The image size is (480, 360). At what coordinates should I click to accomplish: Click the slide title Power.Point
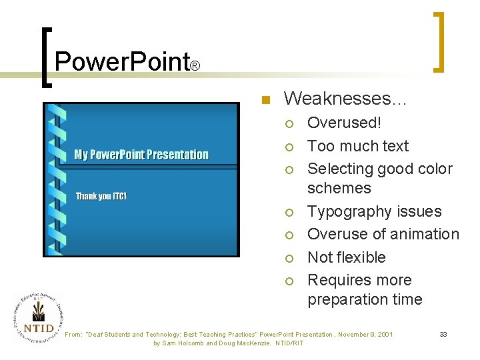(122, 62)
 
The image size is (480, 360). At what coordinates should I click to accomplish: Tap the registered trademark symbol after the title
(195, 67)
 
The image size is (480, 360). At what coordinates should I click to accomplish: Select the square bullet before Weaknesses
(265, 100)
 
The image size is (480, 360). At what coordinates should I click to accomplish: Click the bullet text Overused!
(344, 123)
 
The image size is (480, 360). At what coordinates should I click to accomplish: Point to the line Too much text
(357, 146)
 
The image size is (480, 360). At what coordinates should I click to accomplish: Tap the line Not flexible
(346, 257)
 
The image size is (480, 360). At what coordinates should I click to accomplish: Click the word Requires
(340, 280)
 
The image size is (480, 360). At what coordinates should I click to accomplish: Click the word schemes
(339, 188)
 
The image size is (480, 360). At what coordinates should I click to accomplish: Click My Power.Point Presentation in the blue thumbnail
(141, 155)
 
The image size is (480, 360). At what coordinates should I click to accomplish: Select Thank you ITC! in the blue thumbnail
(101, 196)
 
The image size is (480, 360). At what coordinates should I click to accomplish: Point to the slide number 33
(443, 334)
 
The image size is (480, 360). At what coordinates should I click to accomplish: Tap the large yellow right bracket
(439, 41)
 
